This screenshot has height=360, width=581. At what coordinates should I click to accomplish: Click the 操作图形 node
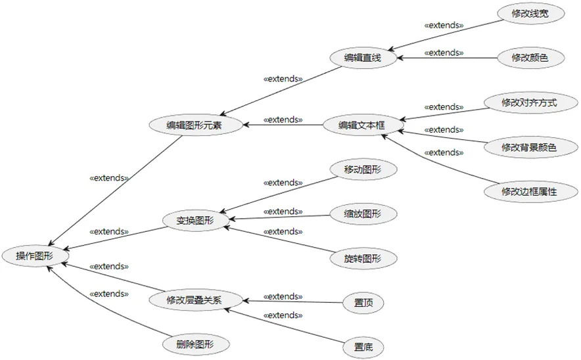[35, 256]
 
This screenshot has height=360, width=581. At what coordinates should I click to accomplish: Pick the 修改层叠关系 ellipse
[195, 300]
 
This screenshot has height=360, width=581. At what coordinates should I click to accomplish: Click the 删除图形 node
[195, 343]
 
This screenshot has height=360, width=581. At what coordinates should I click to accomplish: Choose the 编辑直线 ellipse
[363, 58]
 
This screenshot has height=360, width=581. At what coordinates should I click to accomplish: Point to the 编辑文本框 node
[361, 125]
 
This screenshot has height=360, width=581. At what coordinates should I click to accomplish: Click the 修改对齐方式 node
[529, 102]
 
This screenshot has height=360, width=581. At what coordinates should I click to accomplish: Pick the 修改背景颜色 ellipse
[529, 147]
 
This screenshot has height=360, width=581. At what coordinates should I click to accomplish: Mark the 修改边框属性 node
[529, 192]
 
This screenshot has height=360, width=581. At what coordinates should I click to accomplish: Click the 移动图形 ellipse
[363, 169]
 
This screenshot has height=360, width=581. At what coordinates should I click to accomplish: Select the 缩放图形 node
[363, 214]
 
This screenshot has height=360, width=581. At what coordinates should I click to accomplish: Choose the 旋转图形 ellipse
[363, 258]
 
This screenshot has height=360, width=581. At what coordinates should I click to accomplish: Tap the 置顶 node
[363, 303]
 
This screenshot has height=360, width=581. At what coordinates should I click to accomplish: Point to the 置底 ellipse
[363, 347]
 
